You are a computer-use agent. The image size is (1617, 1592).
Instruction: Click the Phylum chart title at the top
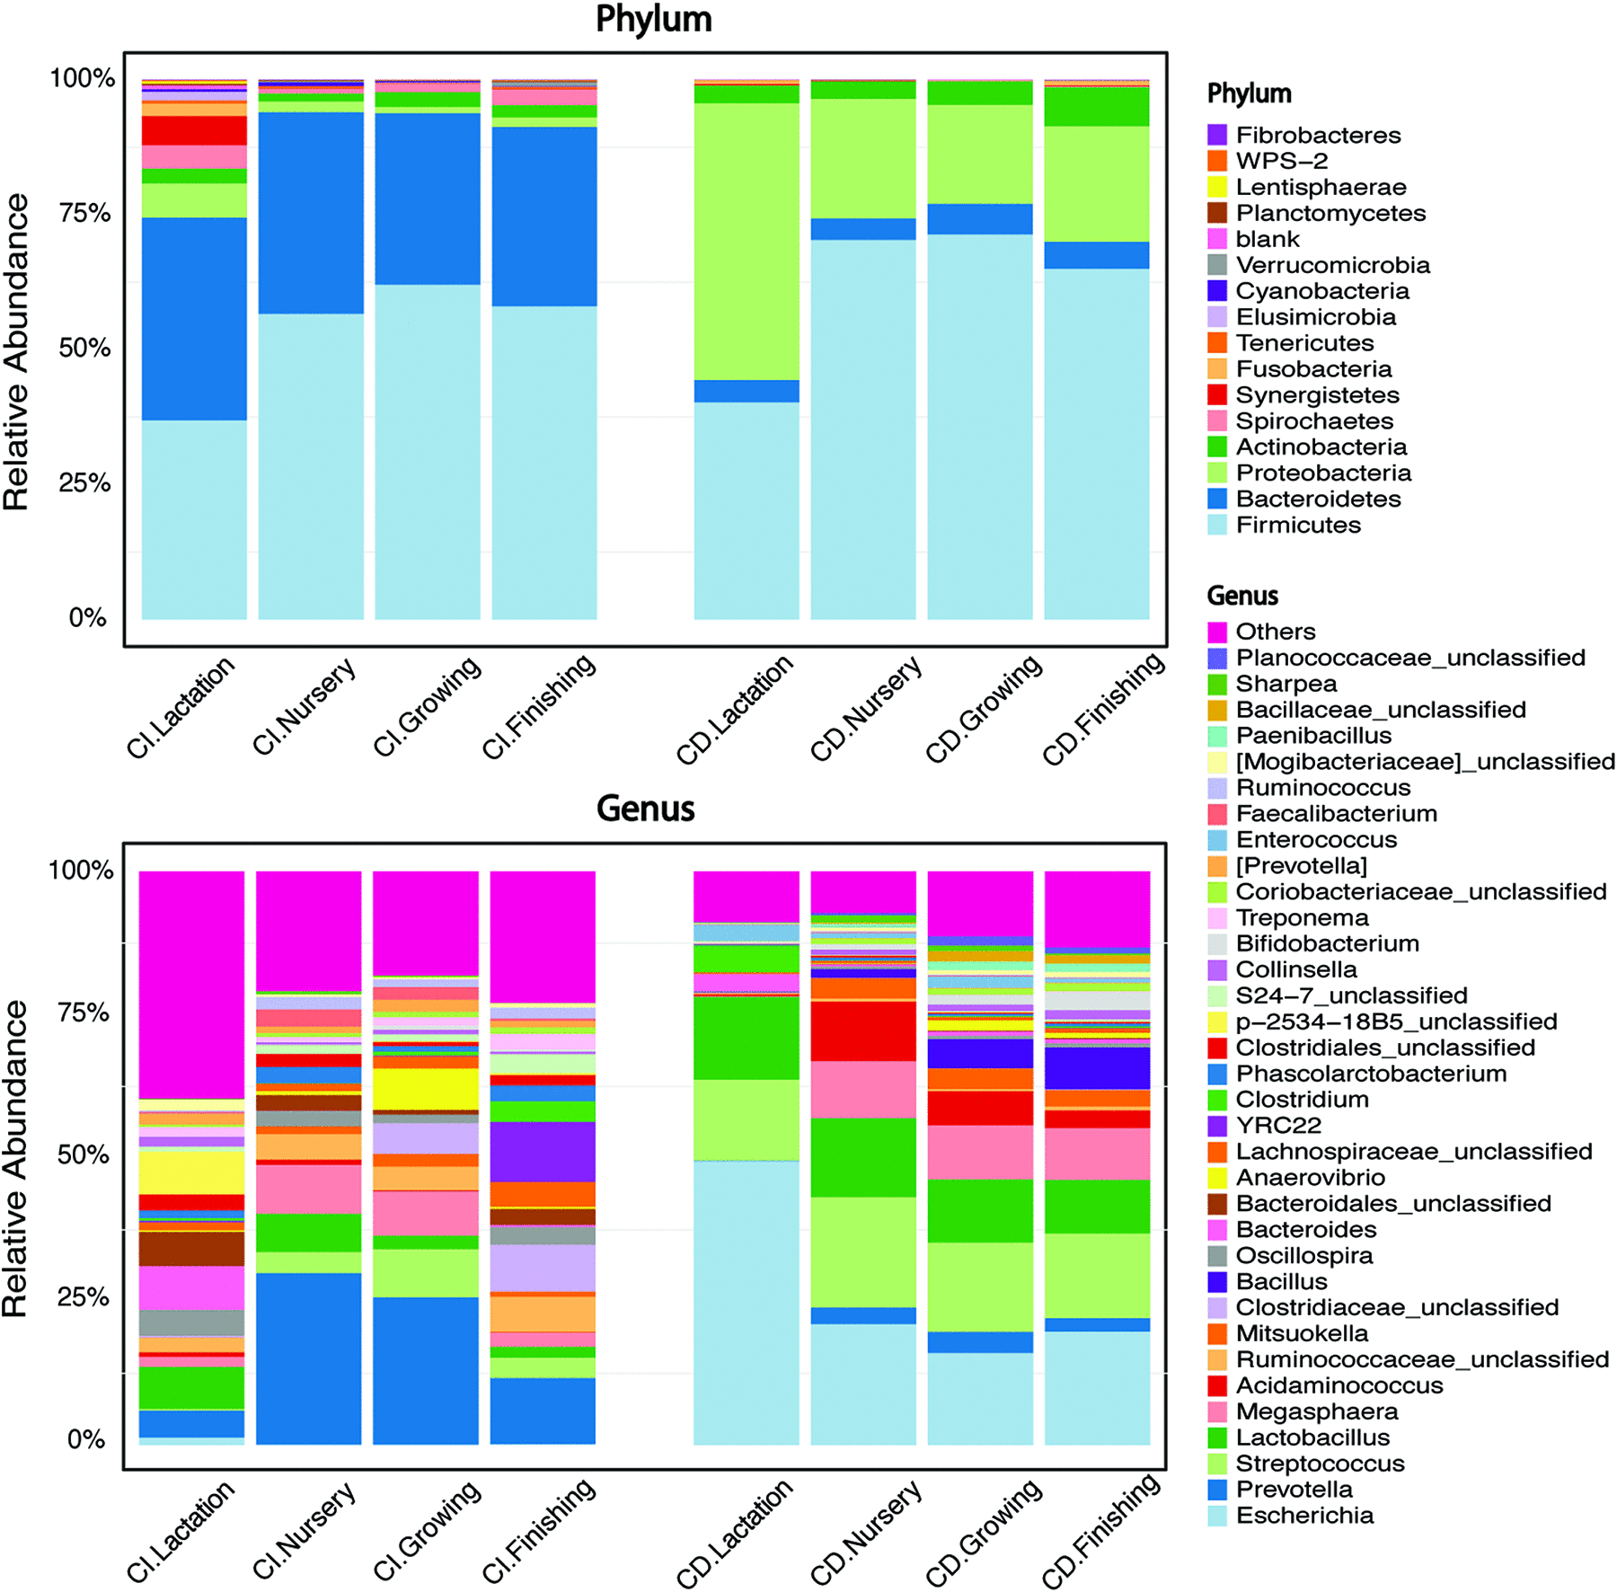click(653, 20)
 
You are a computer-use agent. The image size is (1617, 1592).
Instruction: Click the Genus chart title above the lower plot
click(645, 809)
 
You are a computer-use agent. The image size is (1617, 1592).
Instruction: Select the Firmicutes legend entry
click(1297, 525)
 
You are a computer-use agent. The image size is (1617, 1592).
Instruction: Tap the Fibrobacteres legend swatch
click(1217, 136)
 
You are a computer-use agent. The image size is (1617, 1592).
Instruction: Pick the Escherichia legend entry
click(1303, 1516)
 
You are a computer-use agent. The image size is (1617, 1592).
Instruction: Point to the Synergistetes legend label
click(1316, 395)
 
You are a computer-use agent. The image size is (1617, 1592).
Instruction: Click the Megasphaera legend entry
click(1315, 1411)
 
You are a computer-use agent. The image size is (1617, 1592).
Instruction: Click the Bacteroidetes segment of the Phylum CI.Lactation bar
click(194, 319)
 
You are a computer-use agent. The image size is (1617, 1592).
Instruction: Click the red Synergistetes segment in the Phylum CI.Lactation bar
click(194, 130)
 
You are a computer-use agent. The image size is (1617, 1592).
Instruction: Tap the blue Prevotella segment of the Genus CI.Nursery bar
click(309, 1358)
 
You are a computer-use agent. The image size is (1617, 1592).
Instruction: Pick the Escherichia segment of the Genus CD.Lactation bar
click(747, 1302)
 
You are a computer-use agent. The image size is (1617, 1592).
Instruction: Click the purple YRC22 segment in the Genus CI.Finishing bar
click(543, 1151)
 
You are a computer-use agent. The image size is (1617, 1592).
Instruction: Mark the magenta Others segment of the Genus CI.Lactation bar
click(192, 984)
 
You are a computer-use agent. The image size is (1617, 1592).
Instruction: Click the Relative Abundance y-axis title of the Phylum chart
click(16, 352)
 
